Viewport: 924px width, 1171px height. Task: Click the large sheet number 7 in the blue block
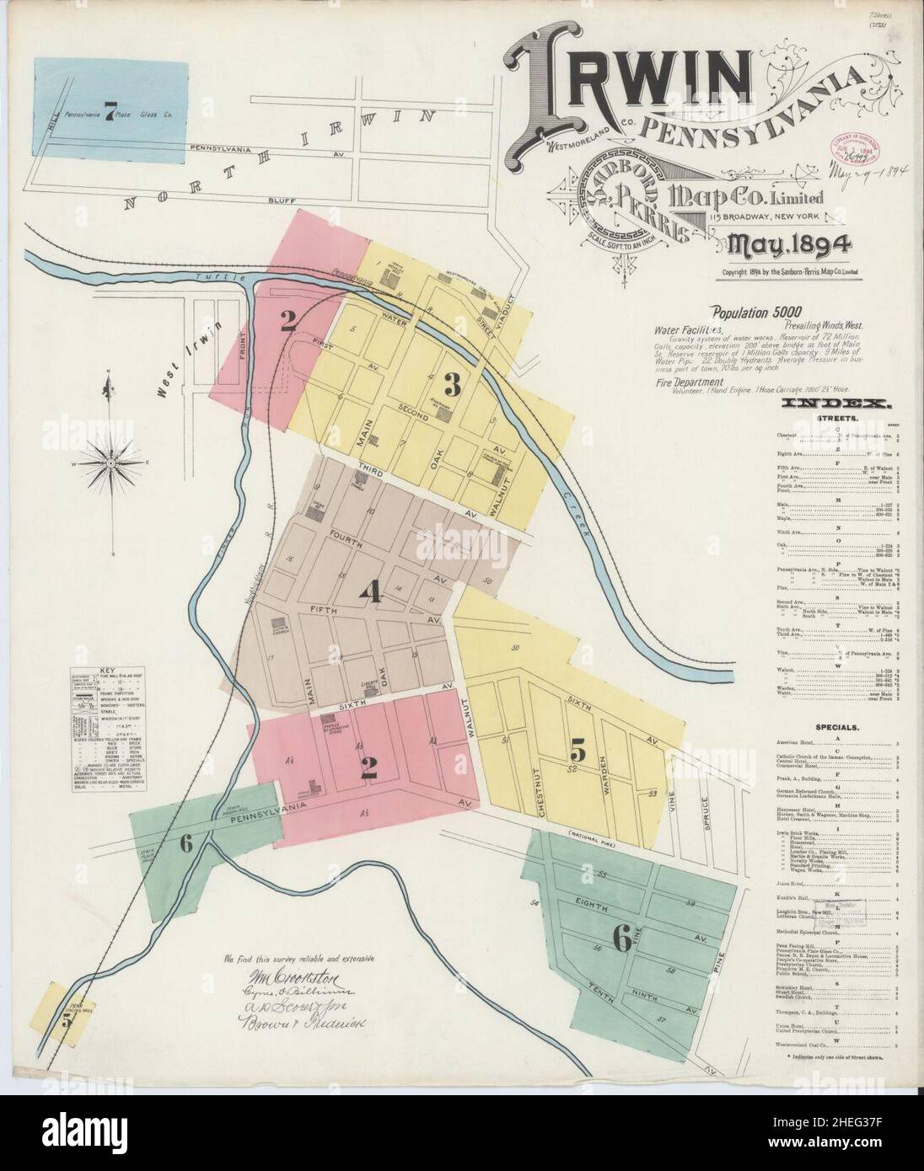point(109,116)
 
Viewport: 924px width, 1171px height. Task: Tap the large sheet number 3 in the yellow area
point(452,386)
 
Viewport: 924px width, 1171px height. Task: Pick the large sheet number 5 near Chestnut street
point(577,746)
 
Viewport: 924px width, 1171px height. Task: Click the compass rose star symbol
point(110,462)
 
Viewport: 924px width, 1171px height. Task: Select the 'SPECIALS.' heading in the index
point(836,726)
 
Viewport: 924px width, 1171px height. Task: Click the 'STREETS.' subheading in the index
point(836,417)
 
